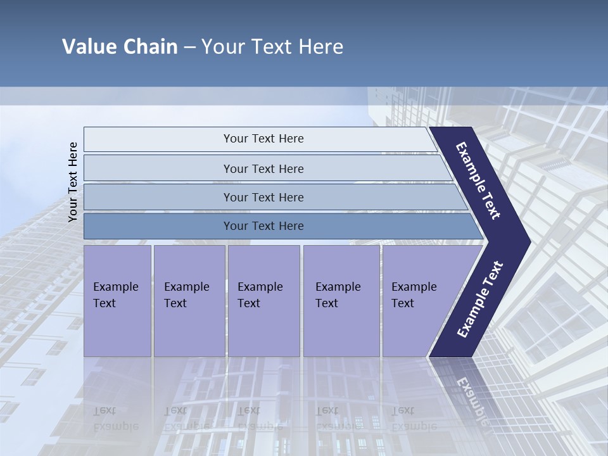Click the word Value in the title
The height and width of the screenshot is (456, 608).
pos(89,47)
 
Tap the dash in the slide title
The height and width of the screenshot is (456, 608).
pos(189,47)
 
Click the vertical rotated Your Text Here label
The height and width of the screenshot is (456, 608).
pos(73,182)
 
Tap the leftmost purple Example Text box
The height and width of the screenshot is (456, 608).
pos(117,301)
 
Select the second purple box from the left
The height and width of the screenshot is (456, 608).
pos(189,301)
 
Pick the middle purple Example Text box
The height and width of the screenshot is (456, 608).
pos(263,301)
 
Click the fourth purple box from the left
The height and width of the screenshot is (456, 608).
pos(341,301)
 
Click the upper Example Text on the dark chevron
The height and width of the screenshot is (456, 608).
pos(478,180)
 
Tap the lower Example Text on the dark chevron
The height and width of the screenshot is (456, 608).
pos(480,299)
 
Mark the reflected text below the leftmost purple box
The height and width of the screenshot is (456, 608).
pos(115,418)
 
